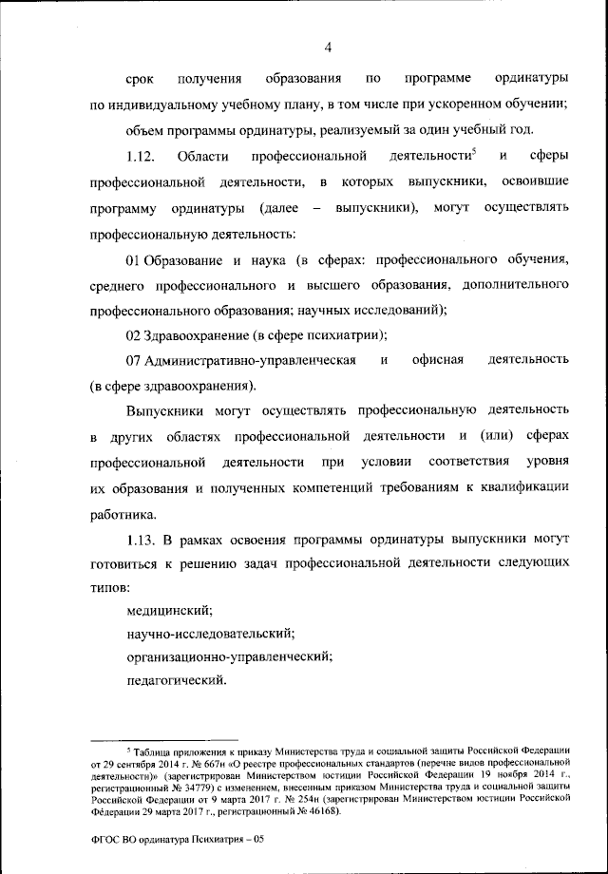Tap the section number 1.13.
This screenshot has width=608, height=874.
(x=140, y=540)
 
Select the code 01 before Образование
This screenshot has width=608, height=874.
(x=133, y=258)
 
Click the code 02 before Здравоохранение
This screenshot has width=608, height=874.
(x=133, y=335)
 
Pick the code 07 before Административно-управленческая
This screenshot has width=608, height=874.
(x=133, y=361)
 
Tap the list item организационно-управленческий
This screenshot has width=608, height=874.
(x=228, y=655)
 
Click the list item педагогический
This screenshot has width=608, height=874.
(x=176, y=679)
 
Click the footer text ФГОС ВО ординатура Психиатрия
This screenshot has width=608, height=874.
(x=180, y=841)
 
